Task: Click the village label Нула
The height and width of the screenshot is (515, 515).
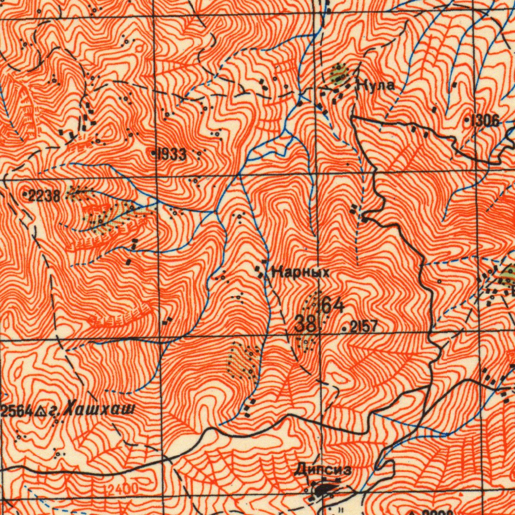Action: tap(375, 85)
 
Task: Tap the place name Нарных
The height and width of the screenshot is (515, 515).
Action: tap(300, 273)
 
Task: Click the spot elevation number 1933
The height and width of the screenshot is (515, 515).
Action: tap(171, 155)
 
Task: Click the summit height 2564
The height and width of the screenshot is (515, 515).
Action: tap(17, 411)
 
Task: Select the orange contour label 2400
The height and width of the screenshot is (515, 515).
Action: tap(122, 488)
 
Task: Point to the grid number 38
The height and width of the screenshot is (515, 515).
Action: tap(305, 324)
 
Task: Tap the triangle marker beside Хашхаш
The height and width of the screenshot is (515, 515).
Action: tap(43, 412)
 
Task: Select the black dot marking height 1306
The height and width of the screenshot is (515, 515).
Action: tap(467, 121)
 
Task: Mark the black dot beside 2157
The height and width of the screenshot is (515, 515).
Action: tap(345, 329)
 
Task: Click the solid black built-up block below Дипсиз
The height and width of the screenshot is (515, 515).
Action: tap(325, 488)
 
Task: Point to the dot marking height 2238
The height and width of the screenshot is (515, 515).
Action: tap(26, 193)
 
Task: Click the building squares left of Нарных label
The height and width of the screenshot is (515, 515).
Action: tap(261, 272)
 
